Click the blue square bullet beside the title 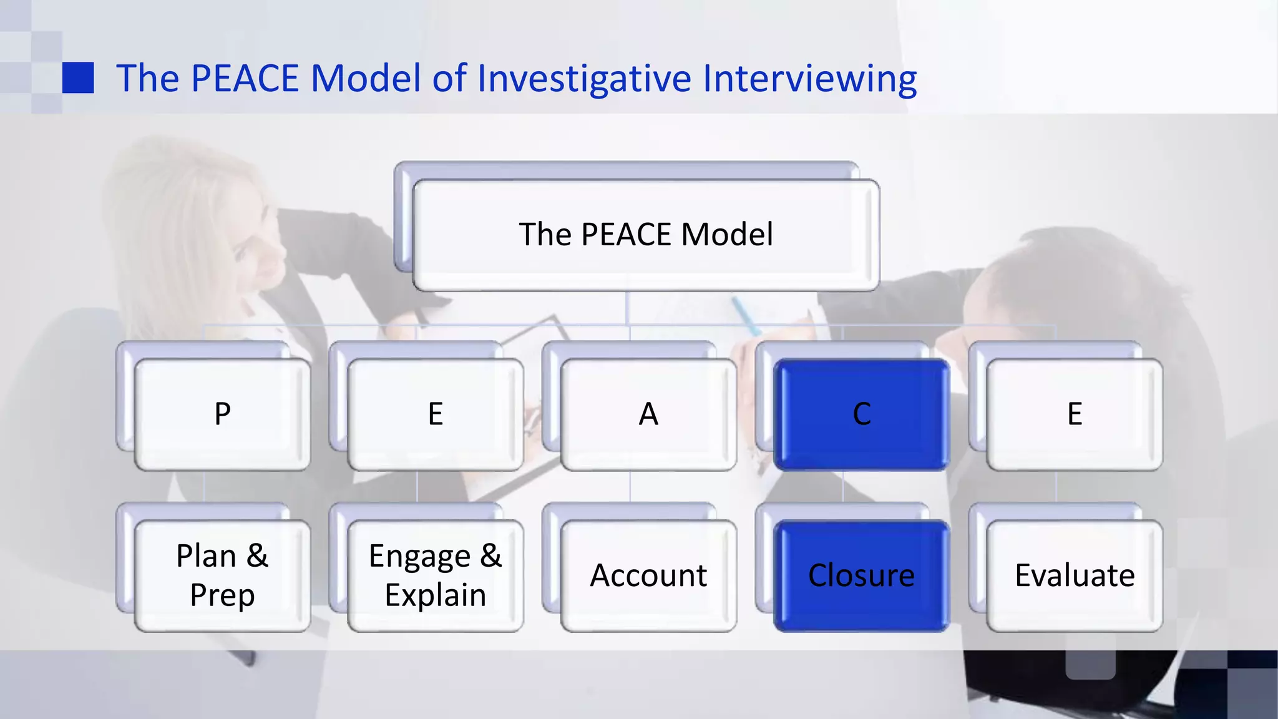coord(78,78)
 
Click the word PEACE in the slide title coord(245,79)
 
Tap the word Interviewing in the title coord(809,79)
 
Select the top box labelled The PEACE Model coord(646,235)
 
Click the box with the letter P coord(222,414)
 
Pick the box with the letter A coord(648,414)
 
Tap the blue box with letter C coord(861,414)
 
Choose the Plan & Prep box coord(222,575)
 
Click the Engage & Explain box coord(435,575)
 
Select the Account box coord(648,575)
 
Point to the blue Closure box coord(861,575)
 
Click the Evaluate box coord(1075,575)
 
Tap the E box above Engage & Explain coord(435,414)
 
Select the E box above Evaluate coord(1075,414)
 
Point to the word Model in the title coord(366,79)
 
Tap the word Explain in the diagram coord(435,595)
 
